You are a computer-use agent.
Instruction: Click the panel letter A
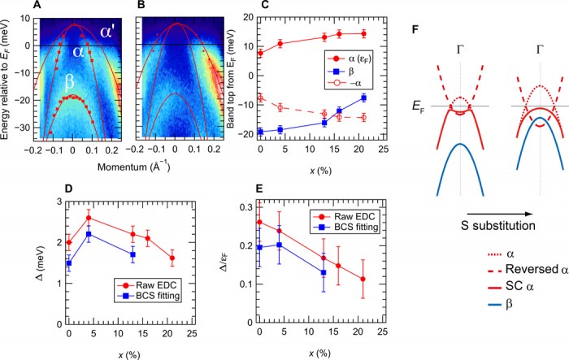[35, 7]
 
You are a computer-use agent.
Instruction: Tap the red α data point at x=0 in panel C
[261, 54]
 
